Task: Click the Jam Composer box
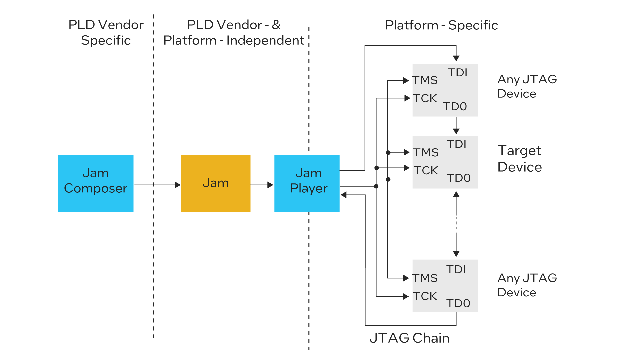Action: pyautogui.click(x=95, y=183)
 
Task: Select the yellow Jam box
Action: pyautogui.click(x=215, y=183)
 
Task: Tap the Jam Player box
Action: pyautogui.click(x=307, y=183)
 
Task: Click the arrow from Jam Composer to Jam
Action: pyautogui.click(x=157, y=185)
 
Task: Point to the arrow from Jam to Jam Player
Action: pyautogui.click(x=262, y=185)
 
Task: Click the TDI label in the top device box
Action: pyautogui.click(x=457, y=73)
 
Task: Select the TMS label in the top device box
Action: pyautogui.click(x=425, y=80)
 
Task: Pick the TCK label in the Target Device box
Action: pyautogui.click(x=426, y=170)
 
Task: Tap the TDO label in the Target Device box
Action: pyautogui.click(x=458, y=178)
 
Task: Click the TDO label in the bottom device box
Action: pyautogui.click(x=458, y=303)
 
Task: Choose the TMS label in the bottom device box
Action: pyautogui.click(x=425, y=278)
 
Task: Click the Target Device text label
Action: pyautogui.click(x=519, y=159)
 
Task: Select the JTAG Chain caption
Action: pyautogui.click(x=409, y=338)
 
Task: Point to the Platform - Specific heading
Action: pyautogui.click(x=441, y=25)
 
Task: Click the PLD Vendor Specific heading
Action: pyautogui.click(x=106, y=32)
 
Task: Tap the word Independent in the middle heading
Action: pyautogui.click(x=265, y=40)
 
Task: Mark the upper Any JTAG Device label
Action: pyautogui.click(x=527, y=86)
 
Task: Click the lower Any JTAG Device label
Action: pyautogui.click(x=527, y=285)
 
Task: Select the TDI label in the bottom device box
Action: pyautogui.click(x=456, y=269)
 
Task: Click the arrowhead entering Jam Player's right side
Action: pyautogui.click(x=344, y=195)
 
